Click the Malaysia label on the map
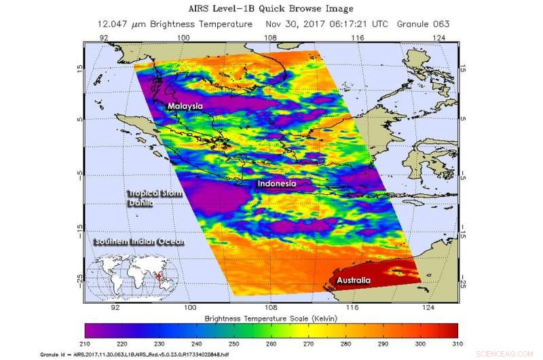pos(185,107)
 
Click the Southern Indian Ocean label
pos(142,242)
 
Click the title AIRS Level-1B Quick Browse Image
pos(271,8)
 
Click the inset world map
pos(140,277)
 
